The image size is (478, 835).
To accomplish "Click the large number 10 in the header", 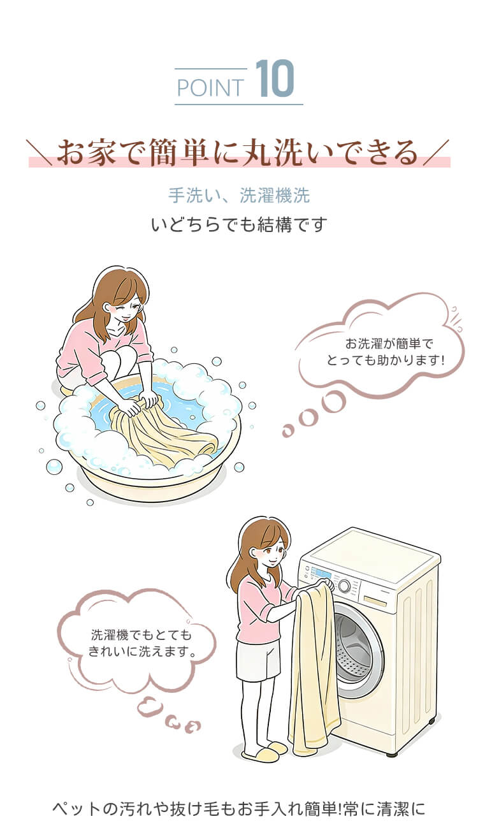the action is (275, 78).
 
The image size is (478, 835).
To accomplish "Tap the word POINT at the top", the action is (210, 88).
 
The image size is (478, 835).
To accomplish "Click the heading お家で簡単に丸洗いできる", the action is (238, 152).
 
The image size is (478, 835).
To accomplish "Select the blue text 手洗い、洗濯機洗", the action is (239, 195).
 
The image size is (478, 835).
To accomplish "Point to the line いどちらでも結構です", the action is (239, 224).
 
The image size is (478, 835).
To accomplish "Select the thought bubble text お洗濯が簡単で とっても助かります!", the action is (386, 352).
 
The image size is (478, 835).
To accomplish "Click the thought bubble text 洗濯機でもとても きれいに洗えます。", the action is (141, 643).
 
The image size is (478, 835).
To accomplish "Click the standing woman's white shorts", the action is (258, 660).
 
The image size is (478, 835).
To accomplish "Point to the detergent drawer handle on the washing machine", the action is (375, 600).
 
